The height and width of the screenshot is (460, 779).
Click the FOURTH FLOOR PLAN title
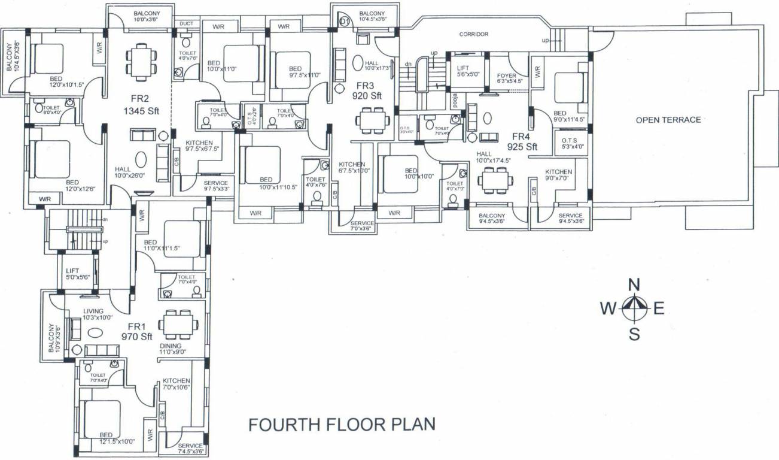[x=342, y=425]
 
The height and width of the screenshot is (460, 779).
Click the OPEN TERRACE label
[x=668, y=120]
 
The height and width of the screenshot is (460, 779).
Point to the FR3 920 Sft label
[x=367, y=90]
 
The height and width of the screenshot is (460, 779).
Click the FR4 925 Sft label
[x=522, y=141]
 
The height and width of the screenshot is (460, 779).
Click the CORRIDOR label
[x=474, y=34]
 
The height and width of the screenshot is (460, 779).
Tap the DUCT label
[x=186, y=24]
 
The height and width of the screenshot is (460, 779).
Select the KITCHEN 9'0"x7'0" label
[x=558, y=175]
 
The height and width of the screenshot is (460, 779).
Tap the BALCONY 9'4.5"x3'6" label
[x=491, y=219]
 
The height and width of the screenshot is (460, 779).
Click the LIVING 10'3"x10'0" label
[x=98, y=314]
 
